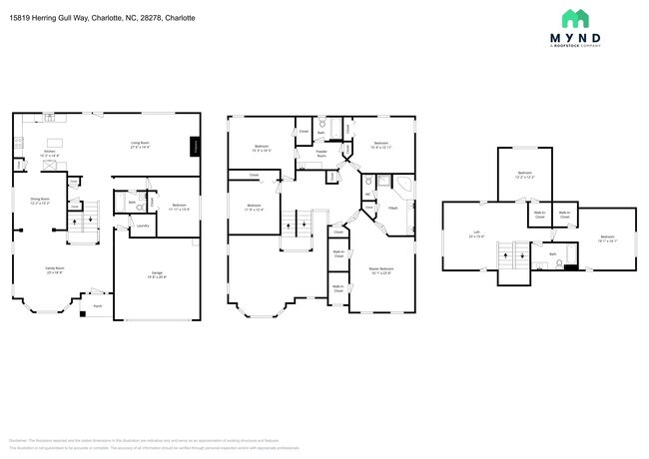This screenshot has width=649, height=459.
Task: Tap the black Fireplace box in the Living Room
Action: (x=196, y=146)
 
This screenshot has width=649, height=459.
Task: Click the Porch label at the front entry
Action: (x=99, y=306)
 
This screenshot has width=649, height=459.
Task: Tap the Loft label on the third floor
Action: (x=477, y=235)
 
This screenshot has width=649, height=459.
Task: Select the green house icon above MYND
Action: (x=575, y=18)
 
